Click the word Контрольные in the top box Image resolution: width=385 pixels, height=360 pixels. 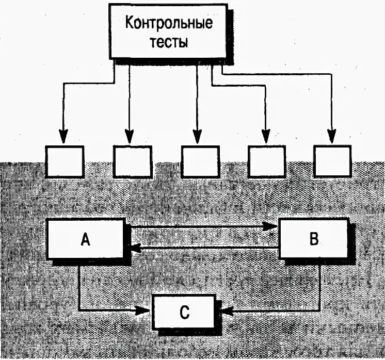point(169,24)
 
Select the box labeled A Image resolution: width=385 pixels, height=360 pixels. point(86,239)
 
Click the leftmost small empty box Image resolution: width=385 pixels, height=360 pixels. point(65,161)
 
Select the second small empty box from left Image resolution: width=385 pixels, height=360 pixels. point(132,161)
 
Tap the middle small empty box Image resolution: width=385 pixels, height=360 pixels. point(199,161)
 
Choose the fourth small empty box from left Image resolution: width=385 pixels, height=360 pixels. point(266,161)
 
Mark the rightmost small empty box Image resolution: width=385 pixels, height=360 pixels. point(332,161)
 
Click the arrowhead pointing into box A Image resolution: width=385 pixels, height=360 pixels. point(135,249)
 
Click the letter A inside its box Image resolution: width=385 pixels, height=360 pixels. point(86,239)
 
